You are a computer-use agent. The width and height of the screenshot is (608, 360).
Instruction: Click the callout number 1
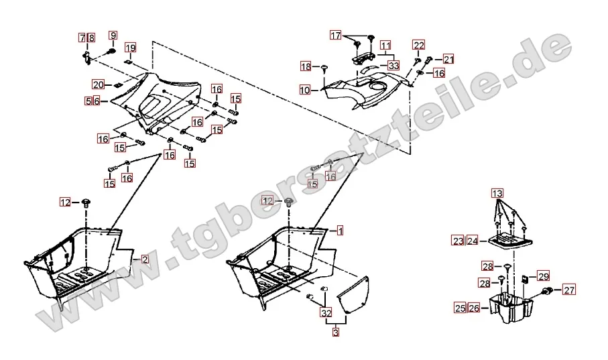[x=340, y=231]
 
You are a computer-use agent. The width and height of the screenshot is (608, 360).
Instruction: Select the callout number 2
[x=145, y=259]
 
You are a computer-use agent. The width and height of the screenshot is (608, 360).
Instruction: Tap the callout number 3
[x=336, y=333]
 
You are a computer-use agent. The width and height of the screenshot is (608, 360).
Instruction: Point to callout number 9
[x=113, y=36]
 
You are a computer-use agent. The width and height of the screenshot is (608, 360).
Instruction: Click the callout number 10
[x=305, y=90]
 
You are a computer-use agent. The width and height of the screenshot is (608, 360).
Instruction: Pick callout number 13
[x=497, y=193]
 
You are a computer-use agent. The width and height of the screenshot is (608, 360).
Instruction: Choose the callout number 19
[x=130, y=48]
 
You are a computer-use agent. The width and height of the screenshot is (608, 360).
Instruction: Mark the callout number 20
[x=98, y=84]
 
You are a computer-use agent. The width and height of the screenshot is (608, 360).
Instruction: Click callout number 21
[x=448, y=60]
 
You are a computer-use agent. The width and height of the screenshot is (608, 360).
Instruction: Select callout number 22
[x=419, y=45]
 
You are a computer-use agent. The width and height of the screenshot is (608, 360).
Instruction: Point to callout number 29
[x=544, y=276]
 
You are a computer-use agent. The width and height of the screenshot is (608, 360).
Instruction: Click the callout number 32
[x=326, y=312]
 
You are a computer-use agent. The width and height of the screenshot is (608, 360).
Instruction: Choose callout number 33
[x=393, y=66]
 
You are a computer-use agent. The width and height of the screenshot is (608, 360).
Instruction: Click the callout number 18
[x=306, y=67]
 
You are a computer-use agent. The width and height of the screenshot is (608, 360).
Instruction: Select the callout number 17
[x=336, y=36]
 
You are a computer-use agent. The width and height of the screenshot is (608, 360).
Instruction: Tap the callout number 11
[x=385, y=46]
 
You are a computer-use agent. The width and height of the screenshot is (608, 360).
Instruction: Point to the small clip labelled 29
[x=525, y=278]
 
